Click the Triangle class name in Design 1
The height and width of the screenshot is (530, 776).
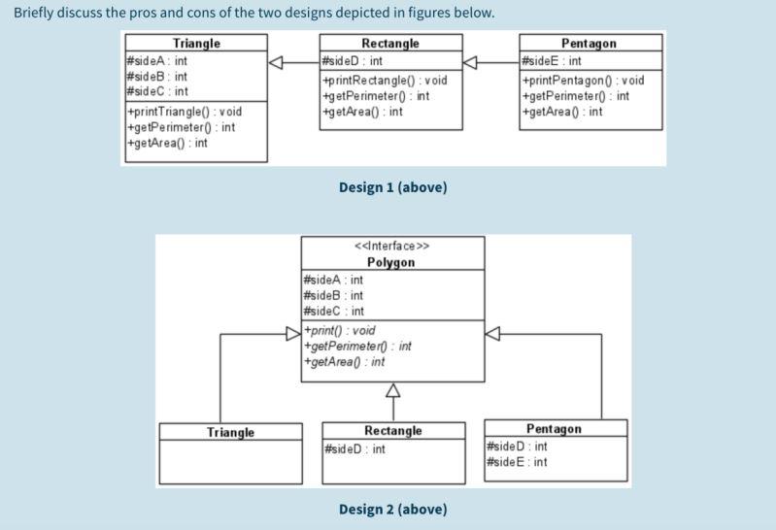196,44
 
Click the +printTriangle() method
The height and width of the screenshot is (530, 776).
184,112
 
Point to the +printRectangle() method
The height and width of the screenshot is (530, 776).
384,81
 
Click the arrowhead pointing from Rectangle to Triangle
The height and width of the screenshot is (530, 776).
277,62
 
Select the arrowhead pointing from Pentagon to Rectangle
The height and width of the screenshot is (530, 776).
471,62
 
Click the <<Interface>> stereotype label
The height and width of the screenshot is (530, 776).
391,246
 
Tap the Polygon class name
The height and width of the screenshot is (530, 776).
391,262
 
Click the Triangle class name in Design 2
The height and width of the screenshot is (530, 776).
230,432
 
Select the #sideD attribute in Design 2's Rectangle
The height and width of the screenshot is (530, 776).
354,449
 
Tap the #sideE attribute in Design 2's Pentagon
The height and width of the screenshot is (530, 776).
517,462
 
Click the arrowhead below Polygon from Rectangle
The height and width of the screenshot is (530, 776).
392,390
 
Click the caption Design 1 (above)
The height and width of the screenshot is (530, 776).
392,186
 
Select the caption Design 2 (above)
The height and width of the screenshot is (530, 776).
392,509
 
